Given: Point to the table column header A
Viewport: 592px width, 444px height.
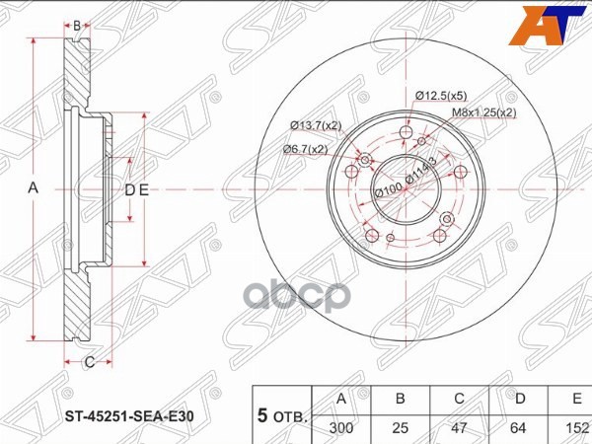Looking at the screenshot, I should [341, 399].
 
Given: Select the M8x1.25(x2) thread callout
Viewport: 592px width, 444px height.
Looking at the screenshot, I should [483, 112].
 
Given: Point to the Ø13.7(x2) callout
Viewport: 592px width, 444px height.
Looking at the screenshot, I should [316, 125].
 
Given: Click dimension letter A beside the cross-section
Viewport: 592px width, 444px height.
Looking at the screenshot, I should [32, 188].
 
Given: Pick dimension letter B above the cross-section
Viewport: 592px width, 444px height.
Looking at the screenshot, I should [77, 24].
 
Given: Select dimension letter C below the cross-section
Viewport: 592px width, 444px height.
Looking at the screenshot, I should [88, 362].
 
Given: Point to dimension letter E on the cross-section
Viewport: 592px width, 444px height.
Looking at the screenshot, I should [143, 190].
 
